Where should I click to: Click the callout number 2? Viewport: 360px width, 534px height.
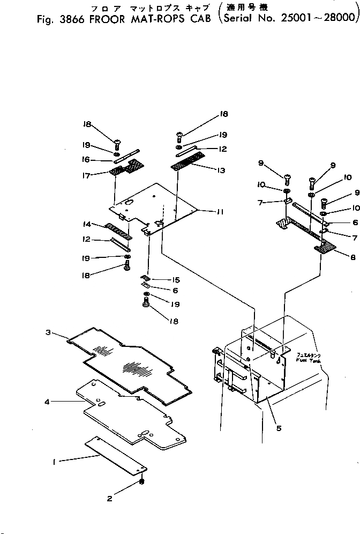[x=109, y=499]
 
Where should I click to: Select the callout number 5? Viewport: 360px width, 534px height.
[x=278, y=428]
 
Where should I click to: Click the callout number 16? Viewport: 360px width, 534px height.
[x=86, y=159]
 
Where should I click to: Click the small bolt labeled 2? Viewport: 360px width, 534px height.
[x=142, y=481]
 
